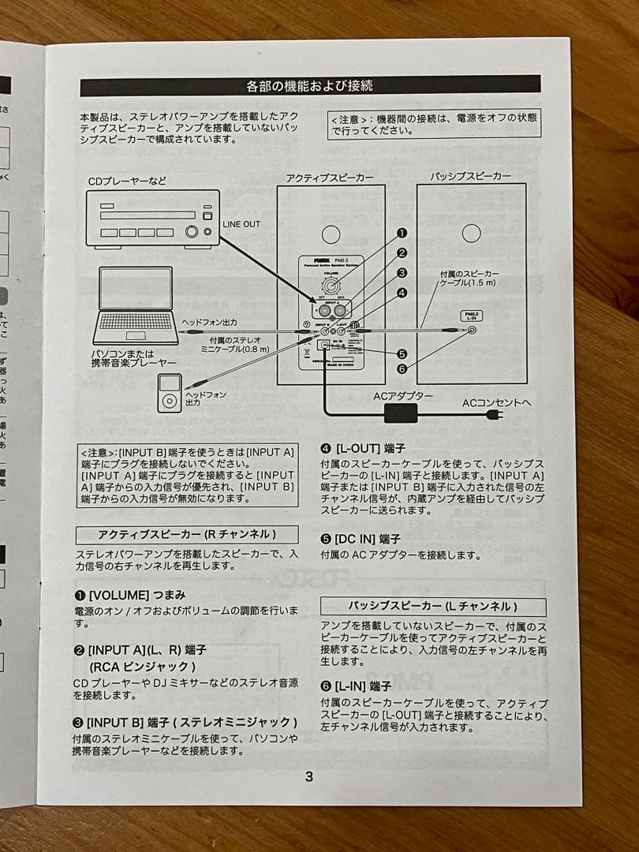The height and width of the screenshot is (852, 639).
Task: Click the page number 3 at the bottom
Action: pyautogui.click(x=308, y=776)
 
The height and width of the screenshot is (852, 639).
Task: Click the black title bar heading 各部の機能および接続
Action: pyautogui.click(x=310, y=85)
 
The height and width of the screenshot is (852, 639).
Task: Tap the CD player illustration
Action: pyautogui.click(x=152, y=219)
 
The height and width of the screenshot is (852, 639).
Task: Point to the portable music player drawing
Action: pyautogui.click(x=170, y=393)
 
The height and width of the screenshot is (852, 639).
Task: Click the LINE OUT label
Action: pyautogui.click(x=241, y=225)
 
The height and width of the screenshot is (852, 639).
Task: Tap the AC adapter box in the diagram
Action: pyautogui.click(x=400, y=413)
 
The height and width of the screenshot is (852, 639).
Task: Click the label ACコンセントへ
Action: pyautogui.click(x=497, y=402)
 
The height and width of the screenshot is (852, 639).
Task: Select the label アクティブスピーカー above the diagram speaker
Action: pyautogui.click(x=330, y=178)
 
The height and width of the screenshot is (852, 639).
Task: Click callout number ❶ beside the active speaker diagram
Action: pyautogui.click(x=402, y=234)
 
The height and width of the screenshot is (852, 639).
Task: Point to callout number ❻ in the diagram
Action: pyautogui.click(x=402, y=368)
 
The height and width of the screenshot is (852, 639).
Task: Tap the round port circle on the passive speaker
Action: pyautogui.click(x=471, y=234)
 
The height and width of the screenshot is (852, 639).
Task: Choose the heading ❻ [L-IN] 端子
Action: pyautogui.click(x=356, y=686)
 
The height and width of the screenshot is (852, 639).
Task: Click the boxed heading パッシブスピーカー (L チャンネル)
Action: pyautogui.click(x=433, y=606)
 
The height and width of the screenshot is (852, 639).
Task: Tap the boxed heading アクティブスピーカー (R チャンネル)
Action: pyautogui.click(x=187, y=534)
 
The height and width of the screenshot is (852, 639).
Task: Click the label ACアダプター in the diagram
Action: pyautogui.click(x=403, y=395)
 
